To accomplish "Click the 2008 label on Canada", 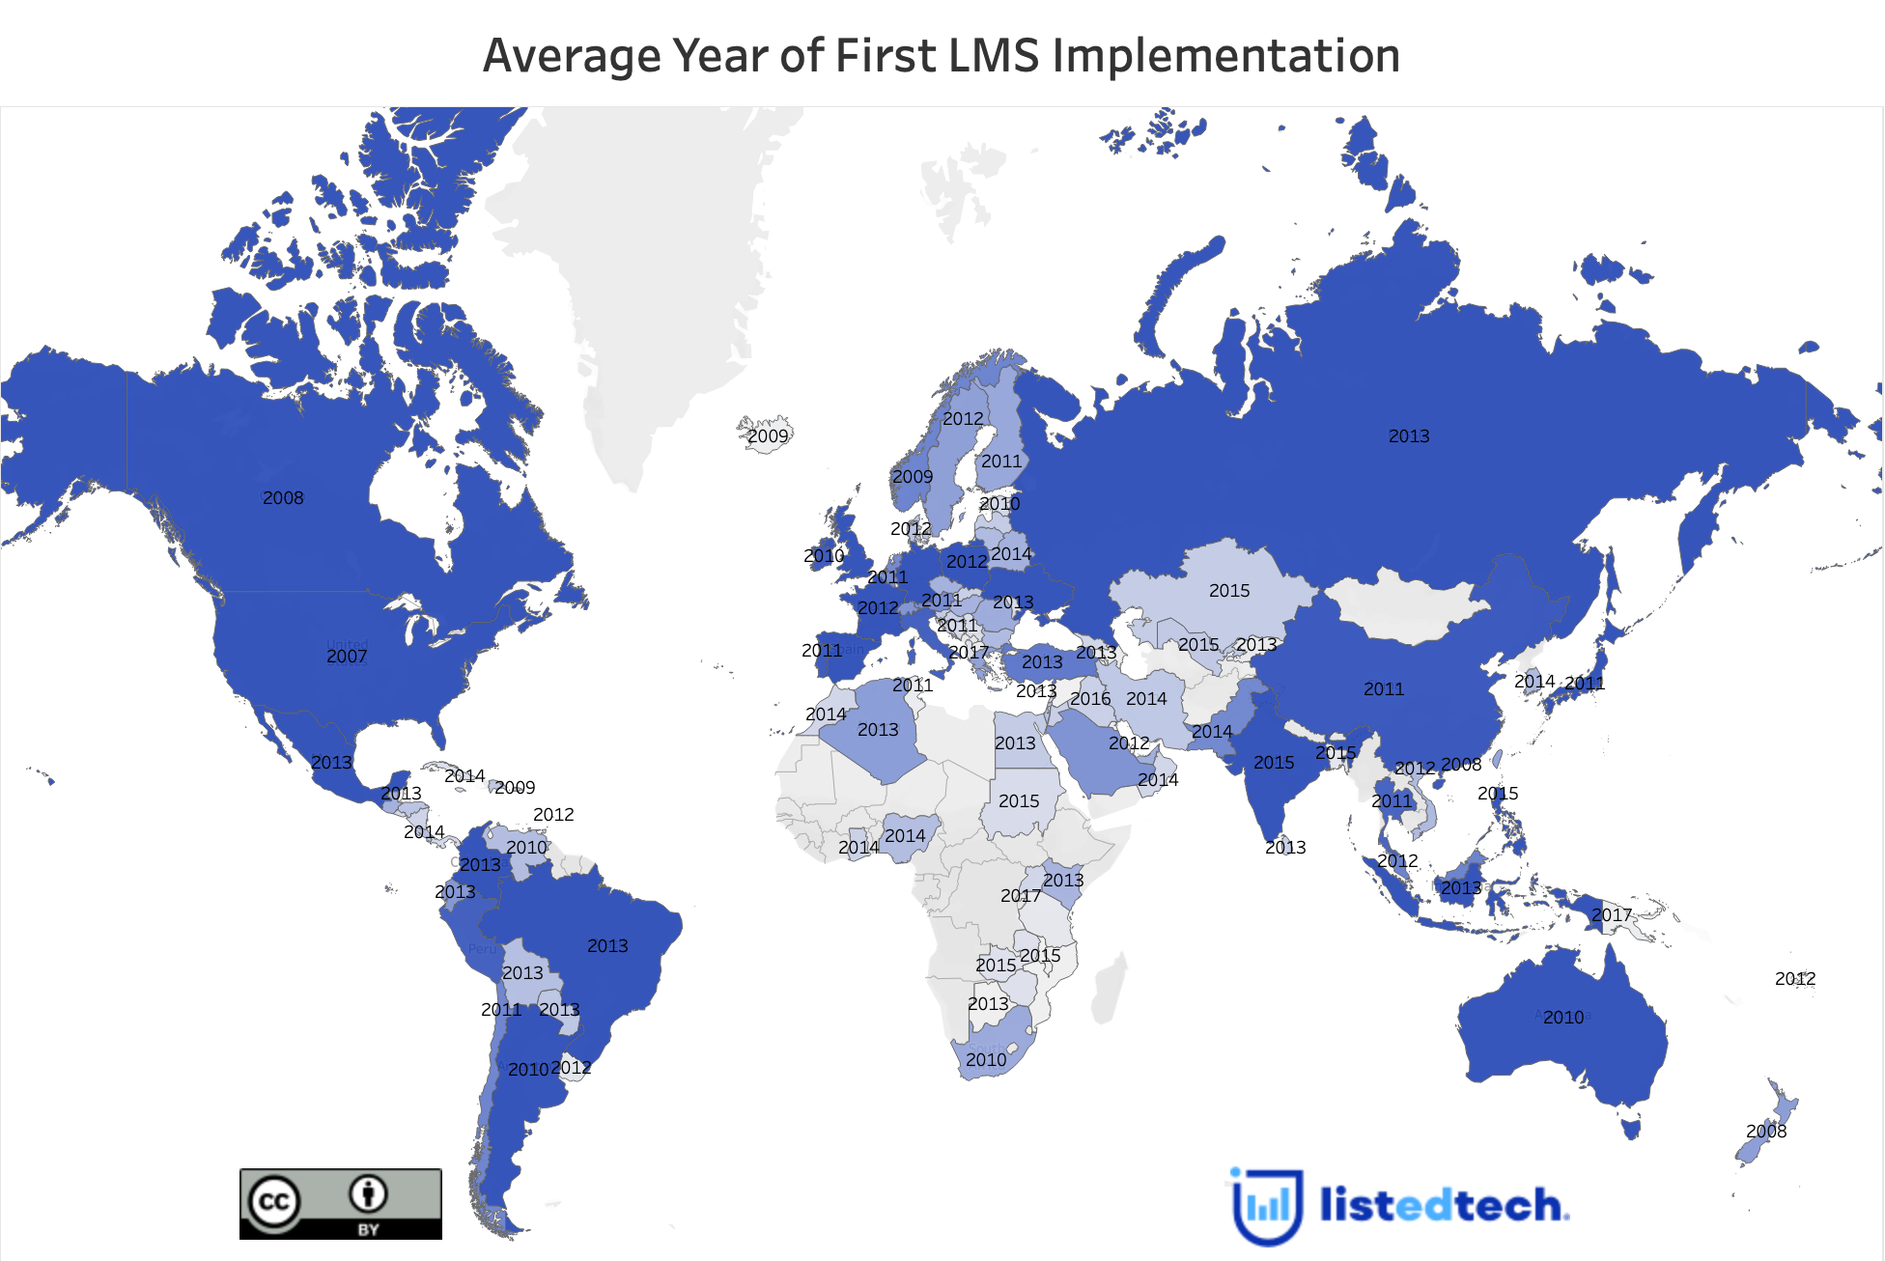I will pyautogui.click(x=283, y=498).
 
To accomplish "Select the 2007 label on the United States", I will pyautogui.click(x=347, y=657).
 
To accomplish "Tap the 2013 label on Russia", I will pyautogui.click(x=1409, y=436).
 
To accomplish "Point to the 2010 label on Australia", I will pyautogui.click(x=1563, y=1018).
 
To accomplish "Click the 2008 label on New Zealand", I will pyautogui.click(x=1766, y=1132).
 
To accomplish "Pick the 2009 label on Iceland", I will pyautogui.click(x=768, y=436).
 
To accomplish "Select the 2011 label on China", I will pyautogui.click(x=1384, y=689).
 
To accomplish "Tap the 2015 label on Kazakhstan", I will pyautogui.click(x=1229, y=591).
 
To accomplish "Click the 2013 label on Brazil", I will pyautogui.click(x=607, y=946).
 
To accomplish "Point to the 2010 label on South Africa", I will pyautogui.click(x=986, y=1060).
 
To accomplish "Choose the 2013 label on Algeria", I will pyautogui.click(x=878, y=730).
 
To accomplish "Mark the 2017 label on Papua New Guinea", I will pyautogui.click(x=1612, y=915).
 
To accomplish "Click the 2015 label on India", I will pyautogui.click(x=1274, y=763).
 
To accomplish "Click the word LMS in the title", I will pyautogui.click(x=995, y=56).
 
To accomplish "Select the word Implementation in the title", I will pyautogui.click(x=1225, y=56).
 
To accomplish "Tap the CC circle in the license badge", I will pyautogui.click(x=273, y=1201).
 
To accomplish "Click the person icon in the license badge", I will pyautogui.click(x=368, y=1194).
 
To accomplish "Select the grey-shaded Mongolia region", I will pyautogui.click(x=1410, y=606).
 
